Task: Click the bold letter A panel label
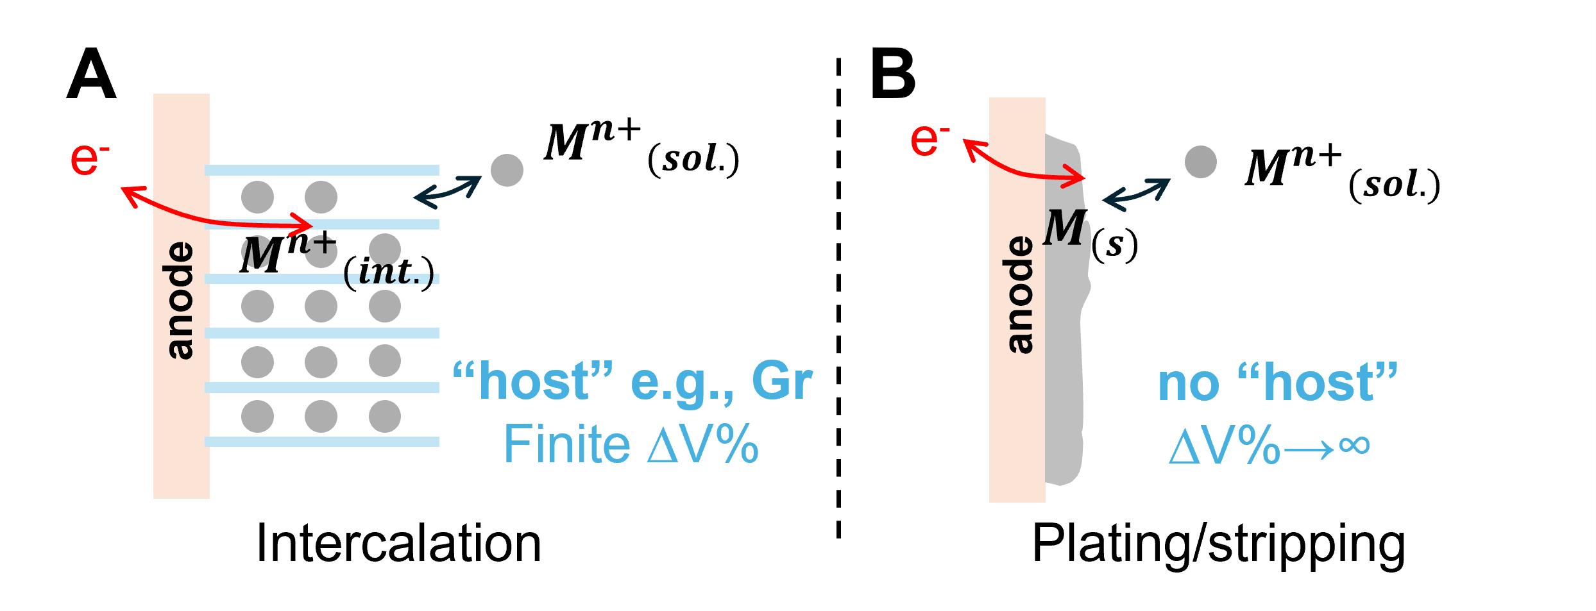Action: pos(91,78)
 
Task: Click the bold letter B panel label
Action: pos(892,78)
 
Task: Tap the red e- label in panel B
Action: pos(929,139)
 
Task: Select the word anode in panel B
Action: pos(1019,295)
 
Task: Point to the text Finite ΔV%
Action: pos(631,444)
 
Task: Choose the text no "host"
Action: pos(1277,383)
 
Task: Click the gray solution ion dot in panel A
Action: pos(507,170)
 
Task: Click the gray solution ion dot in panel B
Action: pos(1200,161)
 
